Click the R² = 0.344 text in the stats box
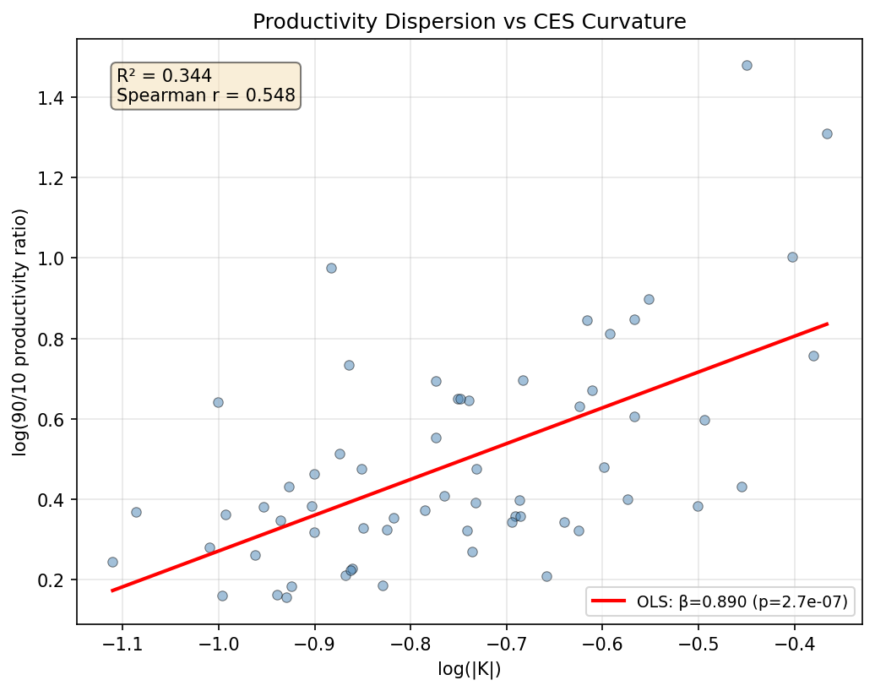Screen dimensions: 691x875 [164, 76]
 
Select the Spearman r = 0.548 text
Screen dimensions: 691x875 [205, 95]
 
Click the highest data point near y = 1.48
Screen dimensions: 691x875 [747, 65]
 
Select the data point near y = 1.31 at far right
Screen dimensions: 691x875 [827, 133]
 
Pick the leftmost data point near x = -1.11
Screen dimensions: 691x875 [112, 562]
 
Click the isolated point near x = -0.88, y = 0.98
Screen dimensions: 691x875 [331, 268]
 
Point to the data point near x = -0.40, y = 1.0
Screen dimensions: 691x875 [792, 257]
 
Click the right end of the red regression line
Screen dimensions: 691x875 [828, 324]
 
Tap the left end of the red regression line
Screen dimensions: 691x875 [112, 590]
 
